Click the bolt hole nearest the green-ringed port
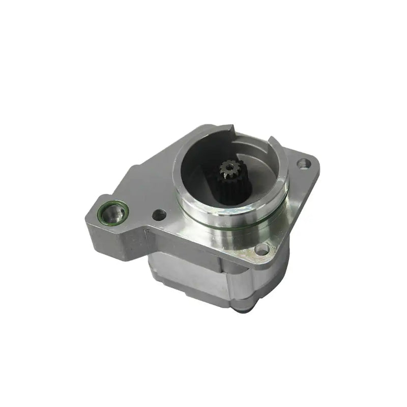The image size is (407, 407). click(x=158, y=215)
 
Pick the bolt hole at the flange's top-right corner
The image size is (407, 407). click(x=304, y=164)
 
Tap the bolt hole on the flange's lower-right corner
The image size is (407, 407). click(x=261, y=249)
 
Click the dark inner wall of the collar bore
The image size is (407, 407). click(x=198, y=163)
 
